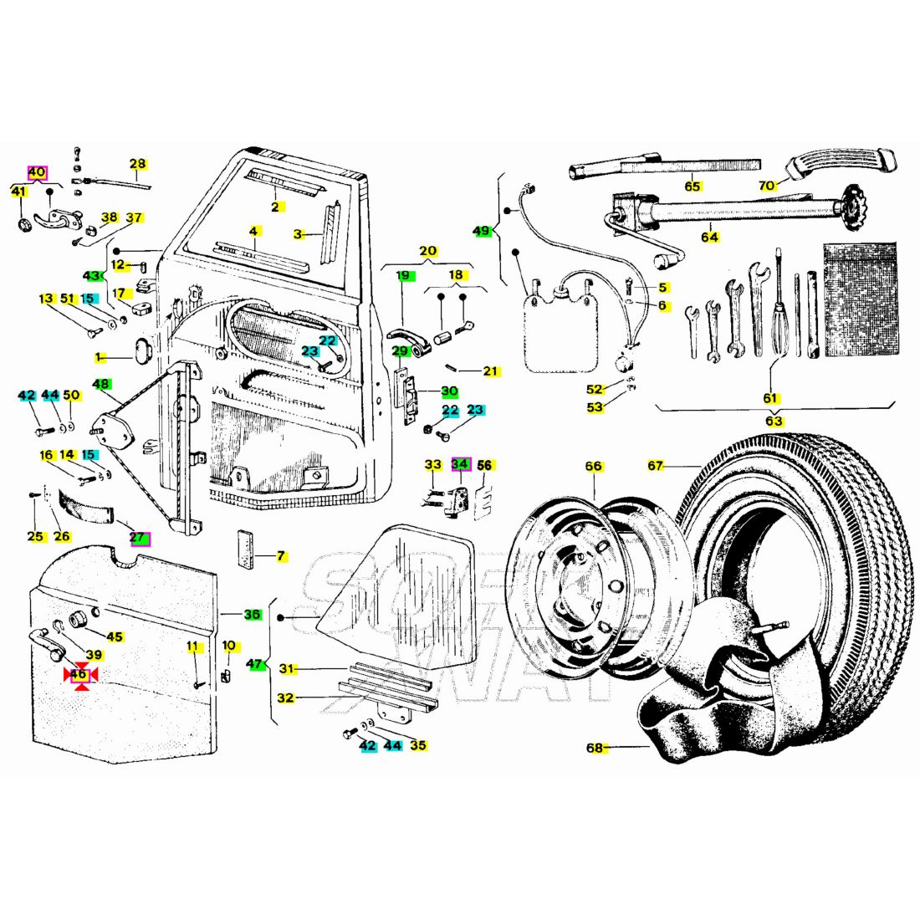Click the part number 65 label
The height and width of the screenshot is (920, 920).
pyautogui.click(x=692, y=187)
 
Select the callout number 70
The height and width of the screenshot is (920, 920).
pyautogui.click(x=767, y=186)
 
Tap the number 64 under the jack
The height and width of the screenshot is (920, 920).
pyautogui.click(x=709, y=237)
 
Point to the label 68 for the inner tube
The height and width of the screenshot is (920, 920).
pyautogui.click(x=595, y=748)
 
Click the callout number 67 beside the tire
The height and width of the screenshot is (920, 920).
pyautogui.click(x=656, y=466)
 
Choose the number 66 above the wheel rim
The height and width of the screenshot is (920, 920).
pyautogui.click(x=593, y=466)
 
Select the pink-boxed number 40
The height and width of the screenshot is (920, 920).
pyautogui.click(x=36, y=172)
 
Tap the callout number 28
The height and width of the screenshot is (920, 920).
pyautogui.click(x=137, y=163)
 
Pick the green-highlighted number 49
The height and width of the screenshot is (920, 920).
pyautogui.click(x=482, y=231)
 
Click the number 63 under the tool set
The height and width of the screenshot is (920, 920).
pyautogui.click(x=774, y=421)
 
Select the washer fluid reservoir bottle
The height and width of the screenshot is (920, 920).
pyautogui.click(x=560, y=330)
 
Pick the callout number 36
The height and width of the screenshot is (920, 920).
pyautogui.click(x=252, y=615)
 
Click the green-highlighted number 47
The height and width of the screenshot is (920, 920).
pyautogui.click(x=255, y=664)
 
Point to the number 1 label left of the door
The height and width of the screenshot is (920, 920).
pyautogui.click(x=98, y=357)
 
